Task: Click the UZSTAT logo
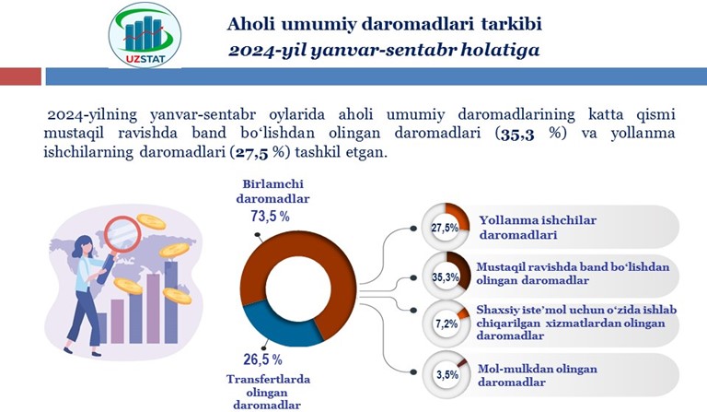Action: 145,35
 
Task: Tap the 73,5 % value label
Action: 270,217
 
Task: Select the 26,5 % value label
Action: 263,359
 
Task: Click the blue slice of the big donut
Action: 280,327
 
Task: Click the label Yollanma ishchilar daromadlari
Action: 538,228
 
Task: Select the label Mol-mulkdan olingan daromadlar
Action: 538,375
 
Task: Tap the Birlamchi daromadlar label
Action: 272,192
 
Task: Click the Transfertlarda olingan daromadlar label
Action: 268,392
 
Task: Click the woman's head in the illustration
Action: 85,246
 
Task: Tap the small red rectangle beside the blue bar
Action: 20,77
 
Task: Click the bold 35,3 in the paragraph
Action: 517,134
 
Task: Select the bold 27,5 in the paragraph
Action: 251,153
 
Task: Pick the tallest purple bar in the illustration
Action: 171,302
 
